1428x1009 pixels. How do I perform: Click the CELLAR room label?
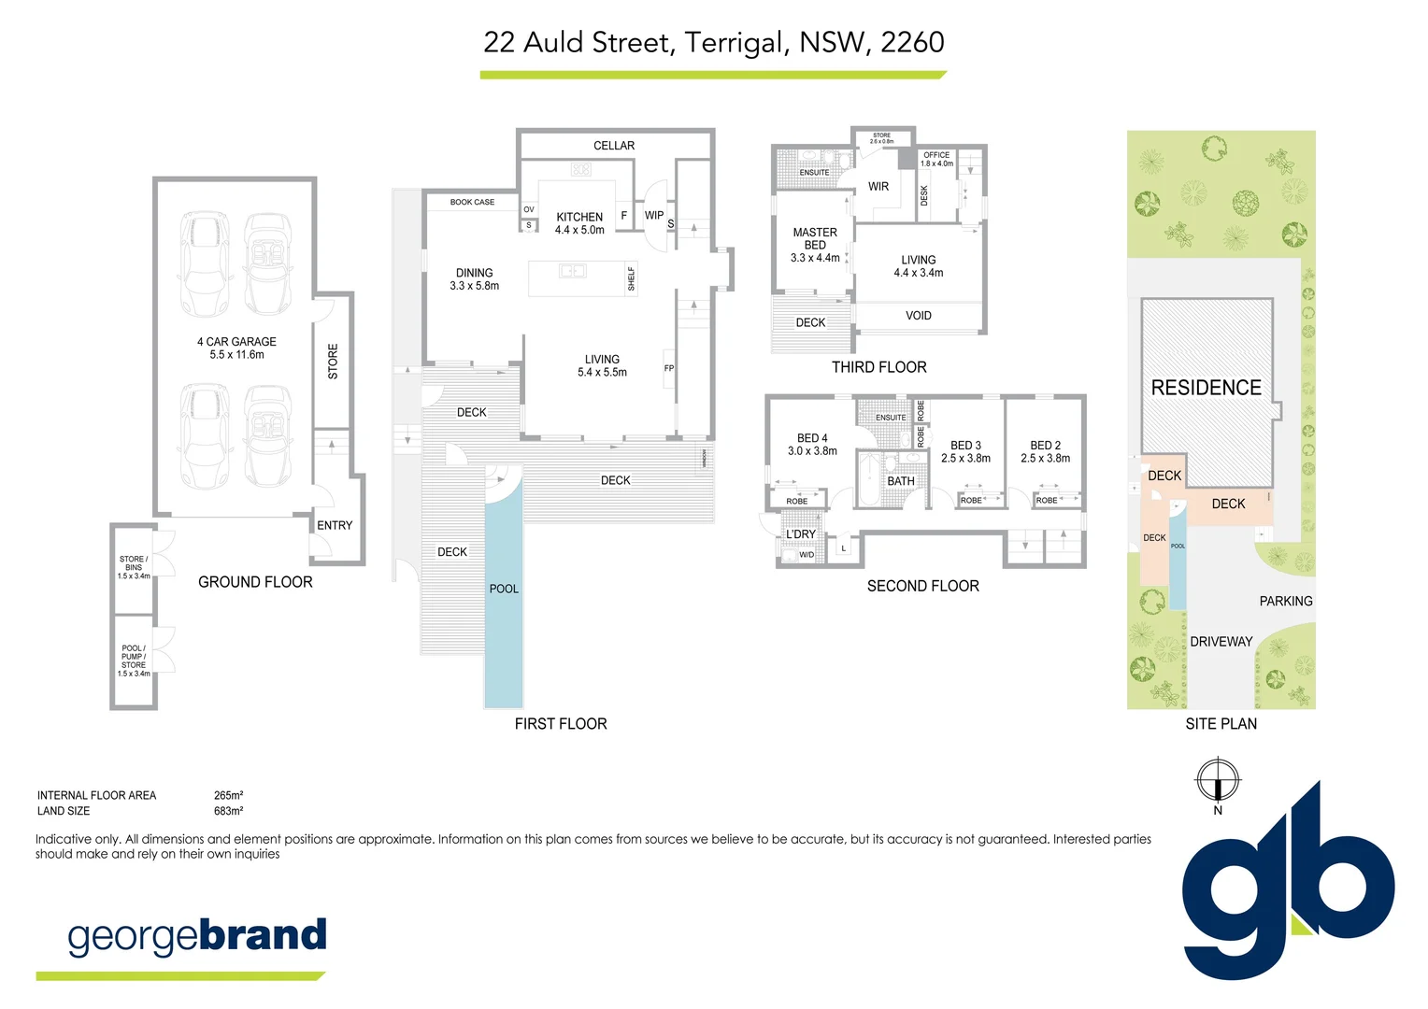tap(614, 146)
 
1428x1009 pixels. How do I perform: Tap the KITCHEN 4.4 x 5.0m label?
tap(579, 223)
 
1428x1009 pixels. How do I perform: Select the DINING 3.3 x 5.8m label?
tap(475, 279)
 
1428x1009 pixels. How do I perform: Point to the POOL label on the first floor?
tap(504, 589)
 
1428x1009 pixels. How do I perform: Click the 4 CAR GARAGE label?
tap(236, 348)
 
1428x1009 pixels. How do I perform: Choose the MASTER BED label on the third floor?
tap(815, 245)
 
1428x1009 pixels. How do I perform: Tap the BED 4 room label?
tap(812, 444)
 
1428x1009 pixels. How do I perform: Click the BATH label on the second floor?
tap(901, 481)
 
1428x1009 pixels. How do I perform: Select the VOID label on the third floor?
tap(919, 316)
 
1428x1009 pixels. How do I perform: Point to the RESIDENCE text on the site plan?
tap(1206, 388)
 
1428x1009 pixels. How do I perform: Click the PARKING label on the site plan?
tap(1285, 601)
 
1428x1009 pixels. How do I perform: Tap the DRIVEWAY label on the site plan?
tap(1221, 642)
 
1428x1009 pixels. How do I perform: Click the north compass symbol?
tap(1218, 780)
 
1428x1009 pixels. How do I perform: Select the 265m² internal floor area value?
tap(228, 795)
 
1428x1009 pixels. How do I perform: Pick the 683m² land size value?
tap(228, 811)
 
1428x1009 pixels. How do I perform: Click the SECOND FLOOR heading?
tap(922, 586)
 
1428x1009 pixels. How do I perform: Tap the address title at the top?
tap(713, 42)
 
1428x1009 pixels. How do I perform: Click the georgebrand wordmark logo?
tap(197, 936)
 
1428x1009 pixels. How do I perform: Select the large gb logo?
tap(1287, 888)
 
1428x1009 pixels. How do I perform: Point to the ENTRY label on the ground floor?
tap(335, 525)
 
